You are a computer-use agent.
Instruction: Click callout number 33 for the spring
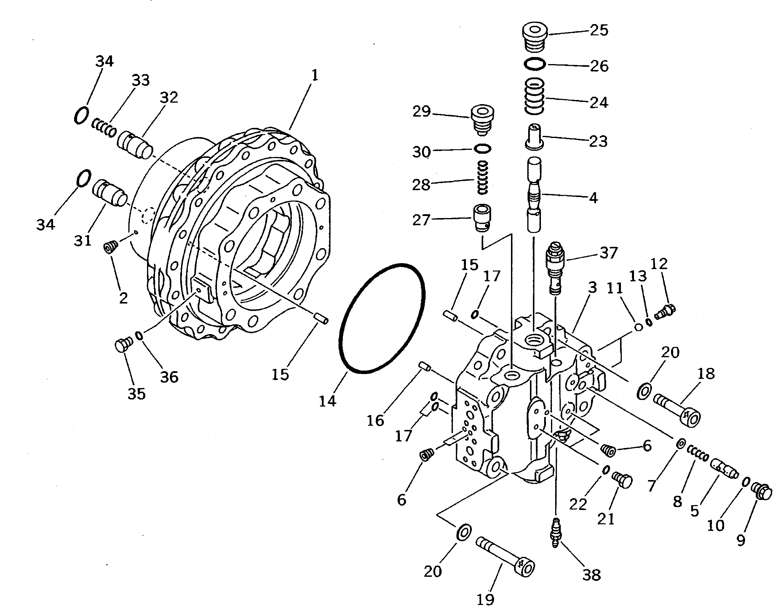pos(140,80)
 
